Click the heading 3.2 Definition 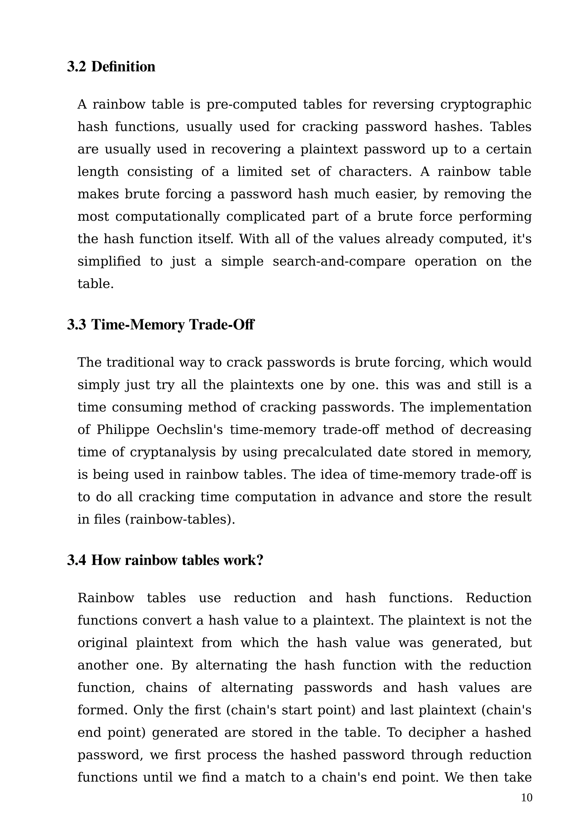pos(111,67)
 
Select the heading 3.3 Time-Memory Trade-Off pos(160,324)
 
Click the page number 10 pos(527,797)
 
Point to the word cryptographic pos(486,104)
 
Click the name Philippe pos(123,430)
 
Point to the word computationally pos(167,216)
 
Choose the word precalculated pos(327,452)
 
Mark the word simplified pos(109,261)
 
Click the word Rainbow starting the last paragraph pos(106,598)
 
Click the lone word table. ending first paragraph pos(96,284)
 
